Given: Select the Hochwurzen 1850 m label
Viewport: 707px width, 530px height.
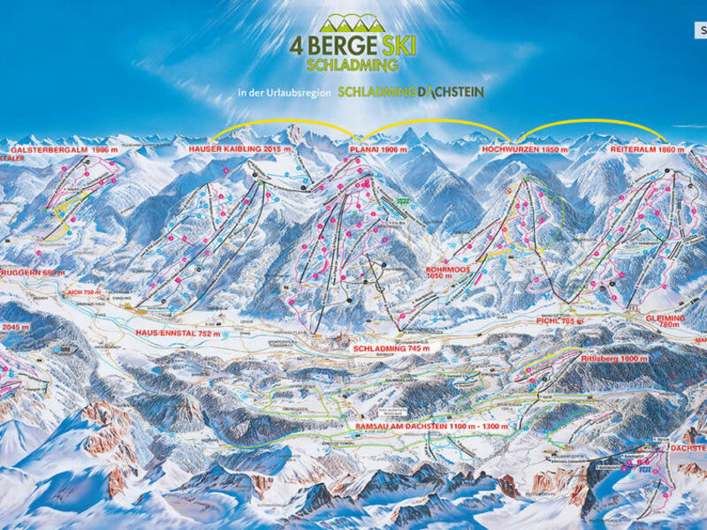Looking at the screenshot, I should click(x=523, y=150).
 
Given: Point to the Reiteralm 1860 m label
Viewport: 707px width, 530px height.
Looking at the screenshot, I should click(x=649, y=150).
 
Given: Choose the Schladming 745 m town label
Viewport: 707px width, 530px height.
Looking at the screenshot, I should click(x=392, y=349).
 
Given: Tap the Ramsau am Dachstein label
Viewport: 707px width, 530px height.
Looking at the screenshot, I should click(x=415, y=428).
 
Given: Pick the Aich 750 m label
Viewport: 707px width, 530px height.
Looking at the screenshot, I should click(x=89, y=292).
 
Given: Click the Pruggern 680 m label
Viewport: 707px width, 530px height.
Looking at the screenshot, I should click(x=34, y=273).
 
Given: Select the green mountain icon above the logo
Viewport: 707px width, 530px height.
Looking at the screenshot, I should click(x=352, y=23).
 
